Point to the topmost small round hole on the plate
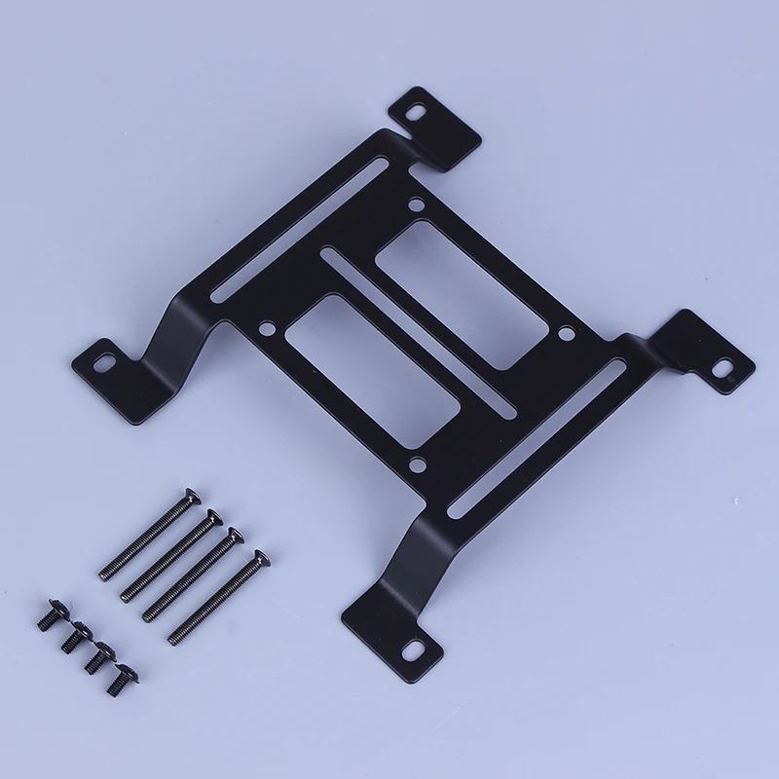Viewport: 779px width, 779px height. tap(417, 205)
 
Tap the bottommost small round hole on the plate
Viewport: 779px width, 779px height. tap(415, 465)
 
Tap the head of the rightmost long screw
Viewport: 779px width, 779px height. tap(258, 559)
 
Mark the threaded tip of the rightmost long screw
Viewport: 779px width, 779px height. tap(173, 638)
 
